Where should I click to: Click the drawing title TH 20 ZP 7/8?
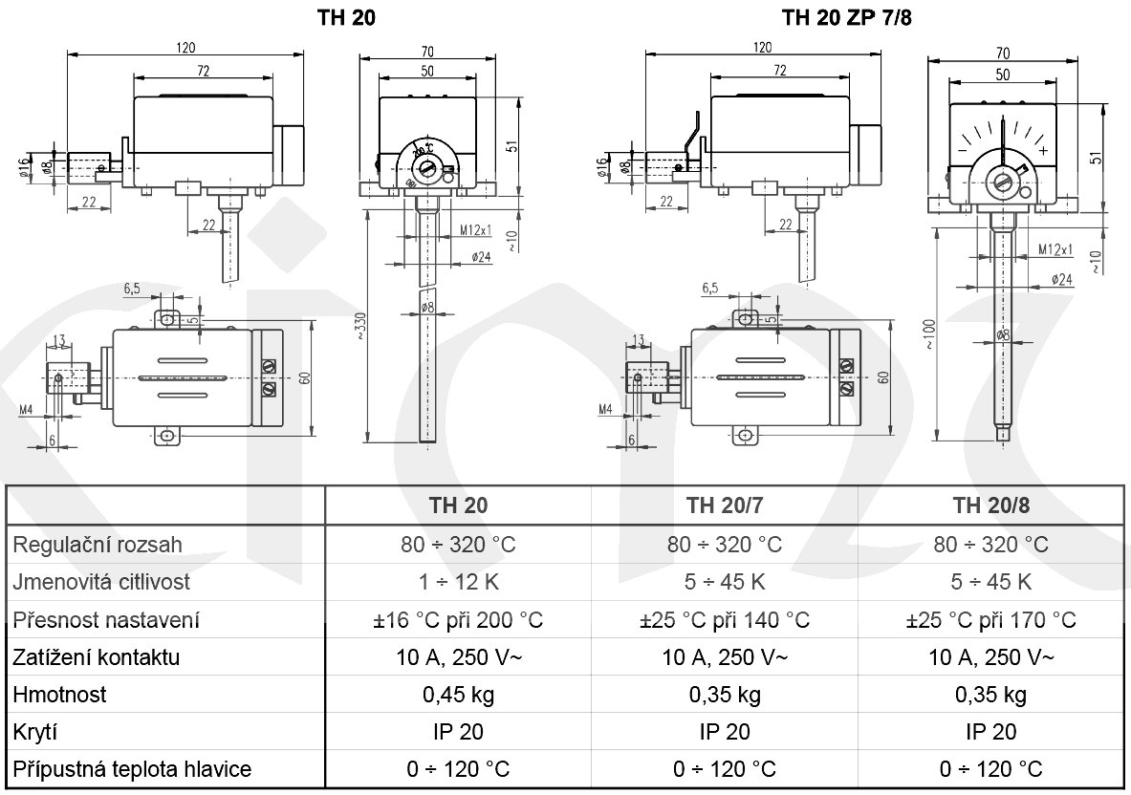[840, 16]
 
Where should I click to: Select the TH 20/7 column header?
[724, 505]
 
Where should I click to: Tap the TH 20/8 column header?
[990, 505]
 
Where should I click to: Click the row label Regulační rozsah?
[97, 545]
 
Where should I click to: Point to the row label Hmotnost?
[59, 695]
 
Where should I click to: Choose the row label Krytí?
[37, 732]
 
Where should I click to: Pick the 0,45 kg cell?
[458, 695]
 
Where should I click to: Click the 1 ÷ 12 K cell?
[458, 582]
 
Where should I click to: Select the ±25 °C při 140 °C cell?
[724, 620]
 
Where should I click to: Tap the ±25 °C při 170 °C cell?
[990, 620]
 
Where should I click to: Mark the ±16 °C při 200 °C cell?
[458, 620]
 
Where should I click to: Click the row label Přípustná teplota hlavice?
[132, 769]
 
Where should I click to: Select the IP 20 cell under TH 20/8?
[990, 732]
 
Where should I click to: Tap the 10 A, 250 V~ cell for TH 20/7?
[724, 657]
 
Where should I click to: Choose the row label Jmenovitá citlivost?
[101, 582]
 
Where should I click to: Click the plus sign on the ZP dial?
[1042, 152]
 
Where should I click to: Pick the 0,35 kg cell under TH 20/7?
[724, 695]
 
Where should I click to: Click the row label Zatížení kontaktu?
[96, 657]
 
